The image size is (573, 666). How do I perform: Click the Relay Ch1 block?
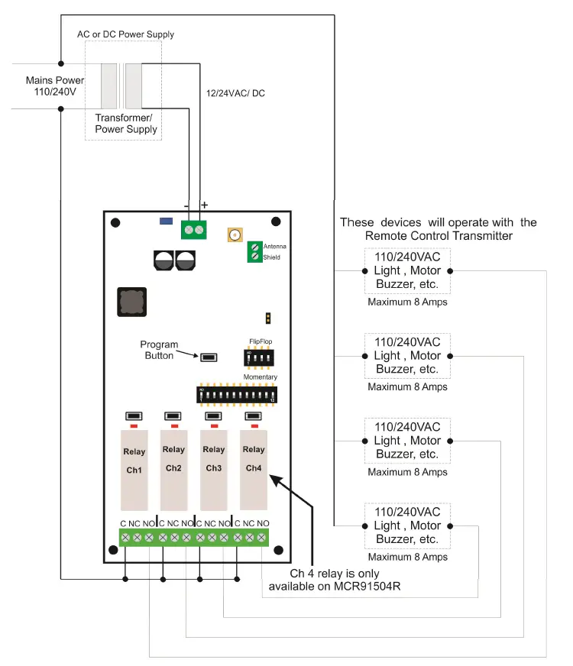[134, 469]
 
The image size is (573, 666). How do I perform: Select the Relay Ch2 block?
[173, 469]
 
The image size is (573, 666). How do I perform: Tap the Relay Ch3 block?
[214, 469]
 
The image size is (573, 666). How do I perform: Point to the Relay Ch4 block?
[254, 469]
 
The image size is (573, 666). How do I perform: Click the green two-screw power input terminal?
[194, 229]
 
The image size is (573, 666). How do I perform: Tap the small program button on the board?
[208, 357]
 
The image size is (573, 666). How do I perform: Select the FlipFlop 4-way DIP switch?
[258, 357]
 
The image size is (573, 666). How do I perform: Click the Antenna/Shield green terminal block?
[254, 252]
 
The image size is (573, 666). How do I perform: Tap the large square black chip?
[131, 302]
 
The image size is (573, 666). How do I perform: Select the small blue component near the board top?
[165, 221]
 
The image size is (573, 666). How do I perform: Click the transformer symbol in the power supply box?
[122, 86]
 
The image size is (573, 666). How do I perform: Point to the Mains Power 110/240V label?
[53, 86]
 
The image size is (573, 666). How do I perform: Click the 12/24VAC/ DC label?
[235, 93]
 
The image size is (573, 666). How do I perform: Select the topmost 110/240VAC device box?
[406, 271]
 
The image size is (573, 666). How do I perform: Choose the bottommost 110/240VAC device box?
[406, 525]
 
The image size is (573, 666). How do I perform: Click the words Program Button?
[160, 351]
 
